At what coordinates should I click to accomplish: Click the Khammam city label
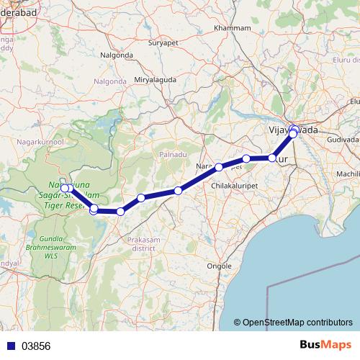233,28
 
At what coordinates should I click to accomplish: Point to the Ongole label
219,265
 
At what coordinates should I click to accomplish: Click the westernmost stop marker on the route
65,189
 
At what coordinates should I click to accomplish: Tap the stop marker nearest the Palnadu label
178,191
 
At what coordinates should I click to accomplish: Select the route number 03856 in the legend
36,346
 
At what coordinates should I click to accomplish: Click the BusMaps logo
328,345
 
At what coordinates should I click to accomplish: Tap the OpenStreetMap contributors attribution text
297,323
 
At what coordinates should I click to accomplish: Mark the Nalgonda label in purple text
109,81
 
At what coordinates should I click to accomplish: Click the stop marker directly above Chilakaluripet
219,167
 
